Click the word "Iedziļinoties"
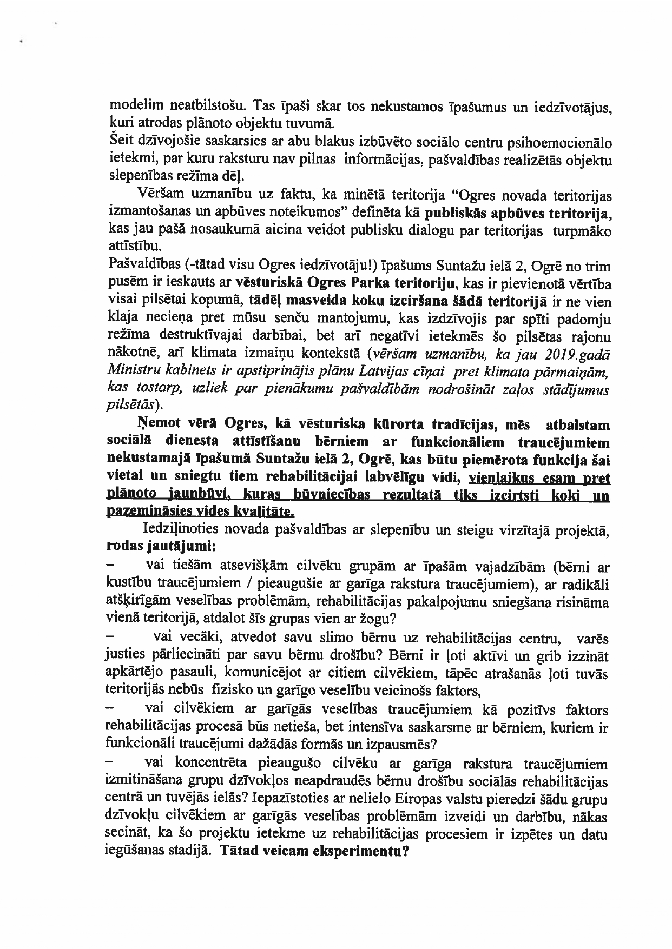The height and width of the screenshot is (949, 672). point(176,531)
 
